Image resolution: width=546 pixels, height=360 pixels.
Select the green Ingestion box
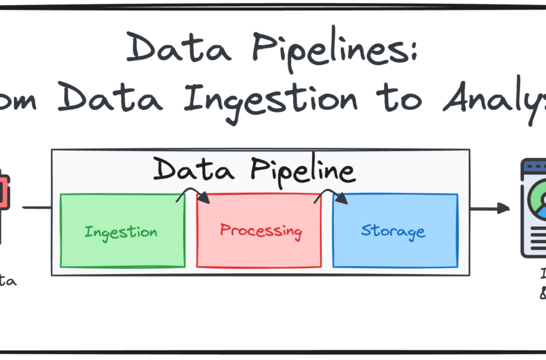point(122,230)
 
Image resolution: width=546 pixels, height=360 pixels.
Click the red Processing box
point(259,230)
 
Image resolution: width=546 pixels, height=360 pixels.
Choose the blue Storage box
point(394,230)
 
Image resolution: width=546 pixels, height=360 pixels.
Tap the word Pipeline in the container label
point(303,171)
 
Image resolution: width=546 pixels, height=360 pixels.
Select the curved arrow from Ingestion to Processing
point(193,193)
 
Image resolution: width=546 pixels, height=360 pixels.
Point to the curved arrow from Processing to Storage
point(331,193)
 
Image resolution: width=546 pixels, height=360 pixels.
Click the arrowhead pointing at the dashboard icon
point(503,208)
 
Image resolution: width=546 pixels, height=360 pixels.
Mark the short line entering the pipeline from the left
point(37,208)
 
